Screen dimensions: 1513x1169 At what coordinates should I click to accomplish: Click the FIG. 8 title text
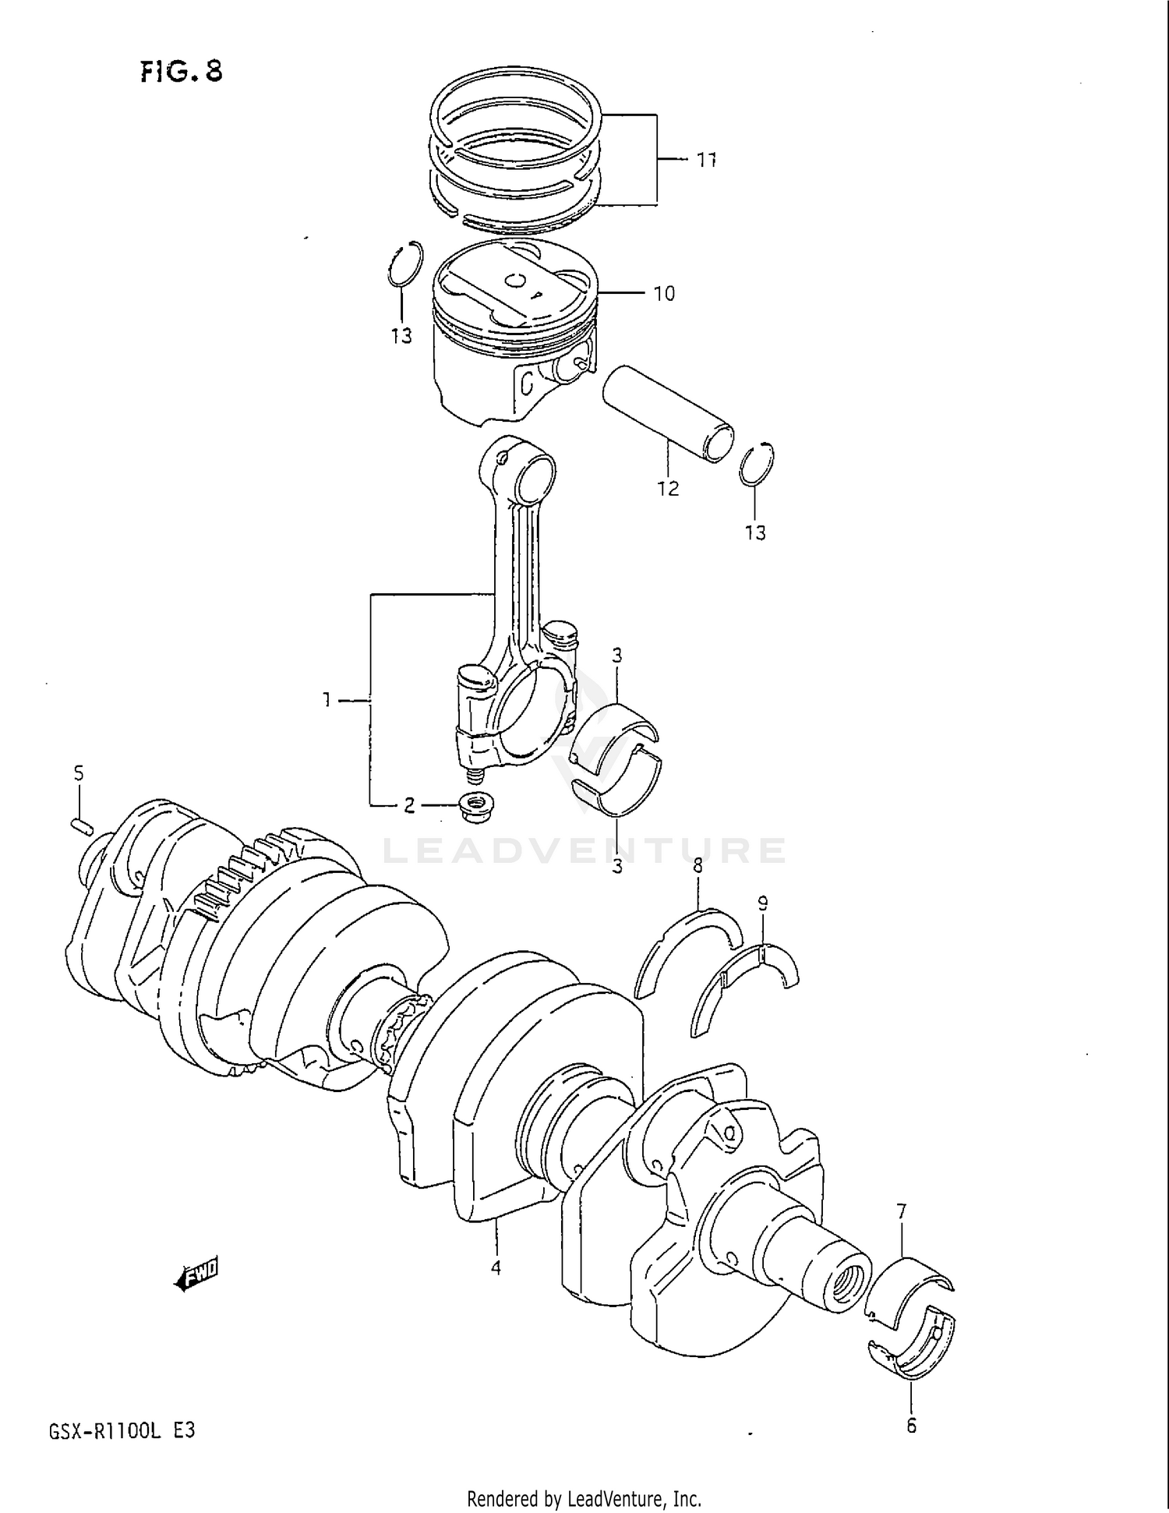tap(182, 72)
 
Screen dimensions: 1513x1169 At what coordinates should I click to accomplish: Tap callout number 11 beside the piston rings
tap(705, 160)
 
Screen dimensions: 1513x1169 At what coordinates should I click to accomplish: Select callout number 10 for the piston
tap(664, 294)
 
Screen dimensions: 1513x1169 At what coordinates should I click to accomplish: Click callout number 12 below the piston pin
tap(668, 489)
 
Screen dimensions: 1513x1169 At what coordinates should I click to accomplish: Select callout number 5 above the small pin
tap(79, 773)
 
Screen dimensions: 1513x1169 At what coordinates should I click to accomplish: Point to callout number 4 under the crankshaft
tap(496, 1268)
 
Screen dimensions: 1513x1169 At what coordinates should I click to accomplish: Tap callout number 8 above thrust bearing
tap(698, 865)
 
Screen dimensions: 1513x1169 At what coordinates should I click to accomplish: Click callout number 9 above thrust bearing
tap(762, 903)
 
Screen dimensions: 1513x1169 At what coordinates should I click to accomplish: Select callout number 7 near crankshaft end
tap(902, 1211)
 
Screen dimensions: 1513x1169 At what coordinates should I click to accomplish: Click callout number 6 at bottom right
tap(911, 1426)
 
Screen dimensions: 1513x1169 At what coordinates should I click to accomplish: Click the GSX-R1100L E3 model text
tap(122, 1431)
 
